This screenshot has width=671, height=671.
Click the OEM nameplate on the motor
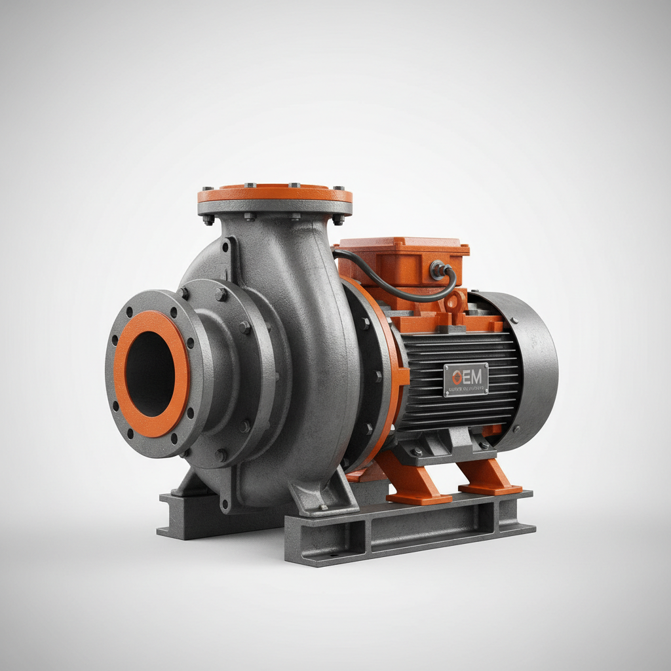coord(466,379)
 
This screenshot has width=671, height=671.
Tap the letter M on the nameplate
coord(476,376)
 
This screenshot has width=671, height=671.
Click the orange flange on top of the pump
coord(275,195)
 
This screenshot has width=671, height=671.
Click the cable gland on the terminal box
coord(437,268)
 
